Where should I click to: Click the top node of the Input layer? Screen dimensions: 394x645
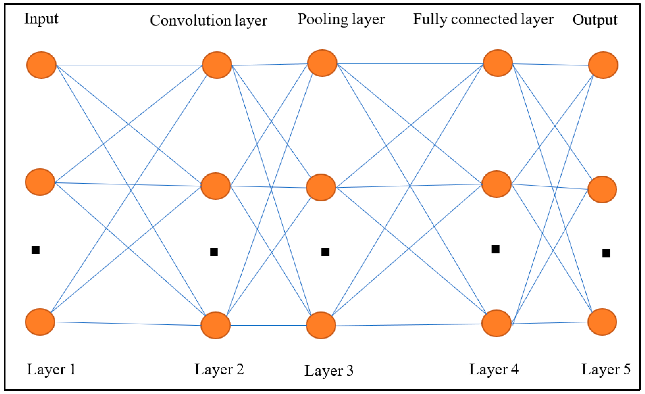[41, 65]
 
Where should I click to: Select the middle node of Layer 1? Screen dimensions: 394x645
[40, 182]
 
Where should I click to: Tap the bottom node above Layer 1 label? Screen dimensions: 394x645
[40, 322]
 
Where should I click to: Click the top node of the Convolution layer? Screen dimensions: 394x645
[217, 65]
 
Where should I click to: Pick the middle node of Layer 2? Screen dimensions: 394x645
[216, 186]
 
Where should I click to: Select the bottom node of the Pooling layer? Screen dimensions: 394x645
[321, 325]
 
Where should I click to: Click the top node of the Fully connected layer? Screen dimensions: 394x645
[498, 63]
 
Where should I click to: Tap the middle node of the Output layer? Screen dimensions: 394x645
[602, 189]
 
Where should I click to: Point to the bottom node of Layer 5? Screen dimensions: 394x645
[602, 322]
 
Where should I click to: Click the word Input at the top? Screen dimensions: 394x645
[41, 19]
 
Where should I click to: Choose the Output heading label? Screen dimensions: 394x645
[595, 20]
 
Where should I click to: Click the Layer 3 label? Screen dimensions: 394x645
[329, 371]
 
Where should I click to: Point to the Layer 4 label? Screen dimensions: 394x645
[494, 370]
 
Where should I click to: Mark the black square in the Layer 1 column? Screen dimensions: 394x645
[36, 250]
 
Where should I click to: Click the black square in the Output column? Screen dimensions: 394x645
[606, 253]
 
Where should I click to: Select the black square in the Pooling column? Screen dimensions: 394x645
[325, 252]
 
